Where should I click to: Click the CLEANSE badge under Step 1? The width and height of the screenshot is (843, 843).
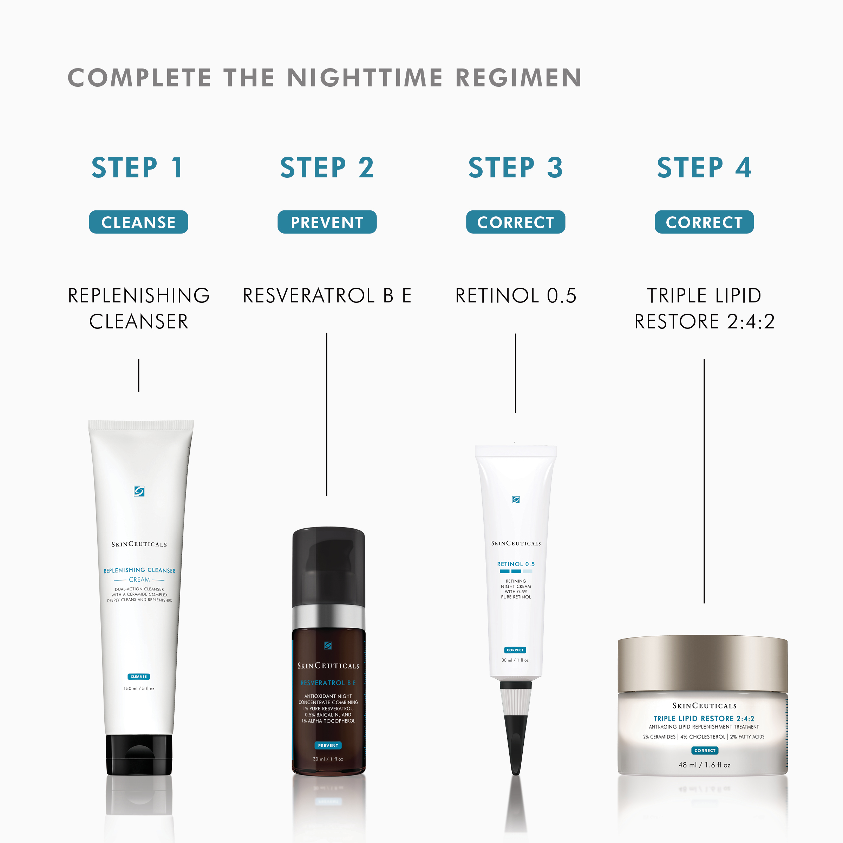(x=138, y=222)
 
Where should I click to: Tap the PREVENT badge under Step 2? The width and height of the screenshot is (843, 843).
(x=327, y=222)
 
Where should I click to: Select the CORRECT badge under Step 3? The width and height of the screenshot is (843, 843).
(x=515, y=222)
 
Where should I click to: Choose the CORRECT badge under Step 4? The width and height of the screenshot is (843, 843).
(x=704, y=222)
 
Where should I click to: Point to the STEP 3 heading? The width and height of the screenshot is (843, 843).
(x=515, y=168)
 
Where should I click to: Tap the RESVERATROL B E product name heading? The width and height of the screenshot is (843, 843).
(x=327, y=295)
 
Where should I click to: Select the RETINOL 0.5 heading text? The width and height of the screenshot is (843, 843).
(x=516, y=295)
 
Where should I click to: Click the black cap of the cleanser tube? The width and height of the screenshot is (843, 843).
(x=139, y=754)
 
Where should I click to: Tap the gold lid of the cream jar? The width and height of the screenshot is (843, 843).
(x=702, y=664)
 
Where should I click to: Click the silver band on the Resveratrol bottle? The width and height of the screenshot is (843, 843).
(x=328, y=616)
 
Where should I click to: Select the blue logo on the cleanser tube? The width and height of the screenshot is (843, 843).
(x=139, y=491)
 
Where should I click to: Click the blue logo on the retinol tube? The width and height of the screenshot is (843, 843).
(x=516, y=499)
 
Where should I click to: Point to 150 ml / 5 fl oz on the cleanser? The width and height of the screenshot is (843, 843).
(x=139, y=688)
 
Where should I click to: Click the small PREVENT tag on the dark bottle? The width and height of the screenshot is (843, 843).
(x=328, y=745)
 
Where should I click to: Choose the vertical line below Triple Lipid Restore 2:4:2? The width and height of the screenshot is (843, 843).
(x=704, y=481)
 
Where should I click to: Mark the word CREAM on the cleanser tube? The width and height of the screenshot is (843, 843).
(x=139, y=580)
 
